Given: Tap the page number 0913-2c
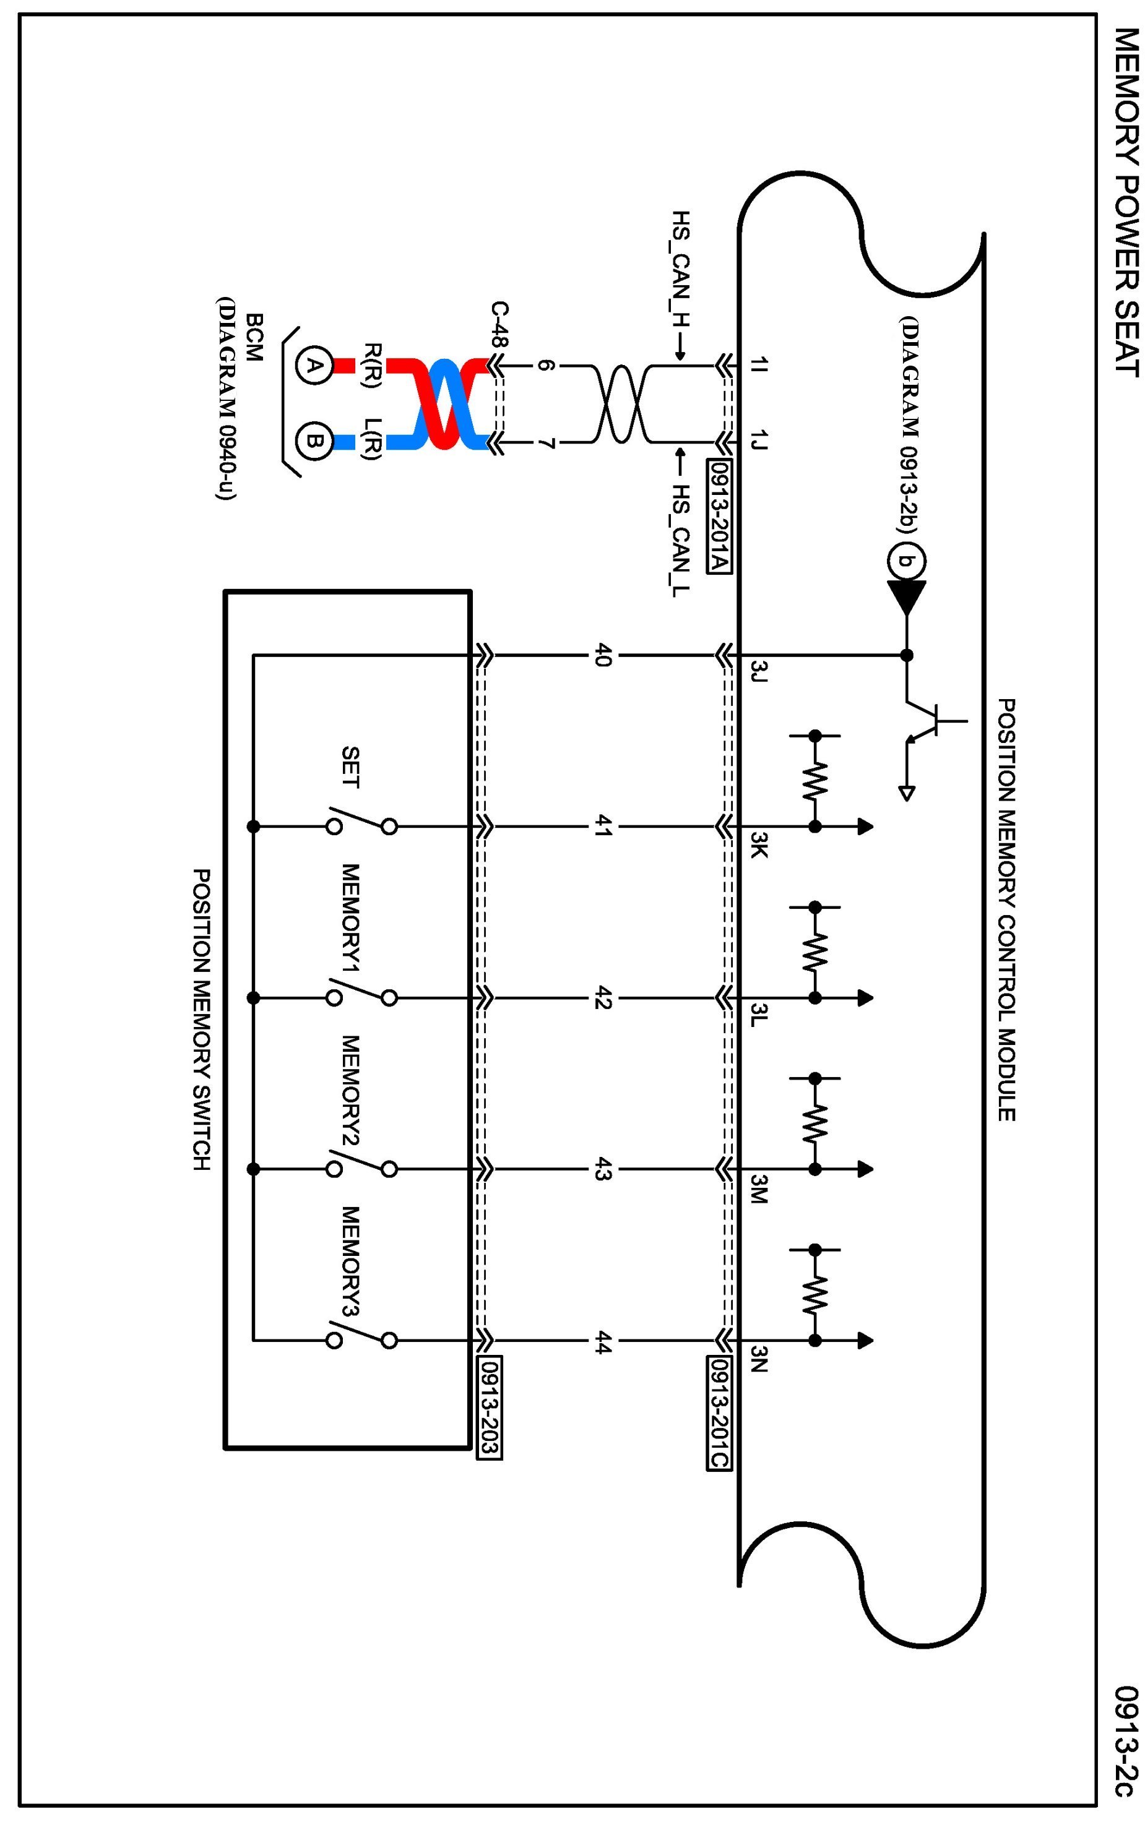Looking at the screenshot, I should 1125,1740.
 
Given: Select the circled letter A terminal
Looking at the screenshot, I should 313,367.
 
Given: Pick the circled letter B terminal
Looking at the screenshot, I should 313,440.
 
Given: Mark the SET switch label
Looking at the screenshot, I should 350,767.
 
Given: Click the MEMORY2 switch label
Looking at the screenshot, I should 350,1090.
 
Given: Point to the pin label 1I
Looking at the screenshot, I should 759,366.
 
